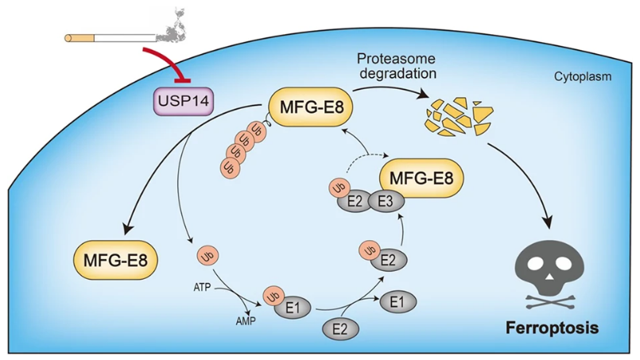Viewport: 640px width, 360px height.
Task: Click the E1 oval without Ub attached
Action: tap(401, 301)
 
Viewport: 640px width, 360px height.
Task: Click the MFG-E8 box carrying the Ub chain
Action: tap(311, 104)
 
